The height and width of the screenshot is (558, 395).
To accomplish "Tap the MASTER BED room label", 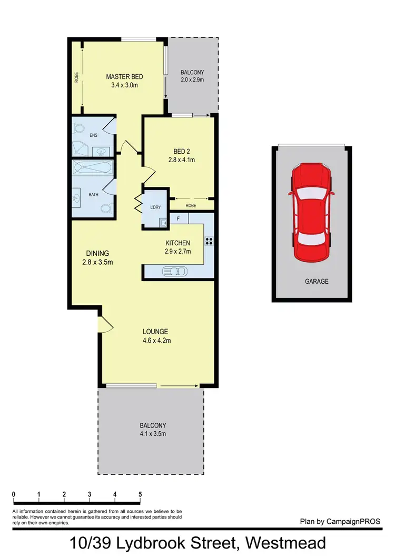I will pos(124,77).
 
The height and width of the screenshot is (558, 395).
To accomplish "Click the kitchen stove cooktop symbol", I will pos(209,242).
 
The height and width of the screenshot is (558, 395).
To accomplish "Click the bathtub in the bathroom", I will pos(92,170).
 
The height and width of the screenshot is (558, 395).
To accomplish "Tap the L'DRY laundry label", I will pos(155,207).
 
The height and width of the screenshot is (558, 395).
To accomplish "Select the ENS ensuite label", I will pos(94,135).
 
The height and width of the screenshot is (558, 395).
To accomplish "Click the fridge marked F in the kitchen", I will pos(179,218).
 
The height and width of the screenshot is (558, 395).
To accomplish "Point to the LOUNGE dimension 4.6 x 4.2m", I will pos(156,340).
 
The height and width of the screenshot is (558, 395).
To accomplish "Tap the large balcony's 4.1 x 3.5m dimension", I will pos(153,434).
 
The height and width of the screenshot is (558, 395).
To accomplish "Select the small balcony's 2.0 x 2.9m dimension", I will pos(192,80).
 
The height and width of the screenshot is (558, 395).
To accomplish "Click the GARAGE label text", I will pos(316,282).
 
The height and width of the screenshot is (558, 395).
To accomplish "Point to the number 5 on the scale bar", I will pos(140,494).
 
